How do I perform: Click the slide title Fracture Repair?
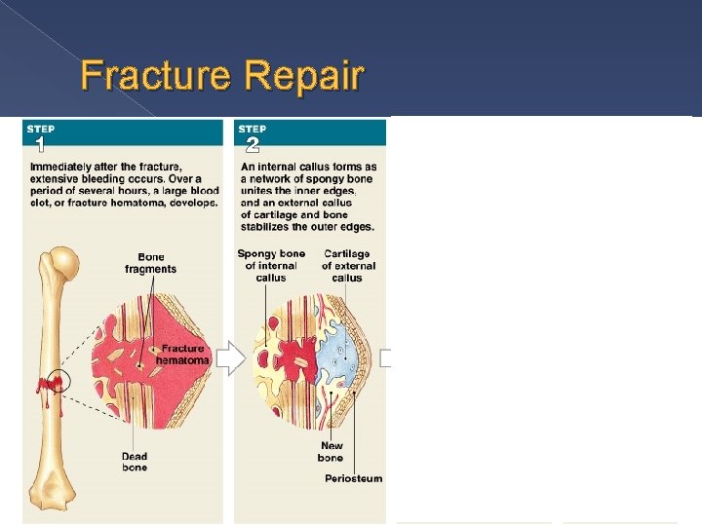(x=222, y=75)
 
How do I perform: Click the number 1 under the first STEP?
(x=38, y=146)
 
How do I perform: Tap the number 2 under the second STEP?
(x=252, y=146)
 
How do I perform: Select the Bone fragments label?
(x=150, y=263)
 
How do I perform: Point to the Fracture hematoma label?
(x=182, y=354)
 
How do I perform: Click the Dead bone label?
(x=135, y=461)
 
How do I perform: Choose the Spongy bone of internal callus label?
(x=271, y=265)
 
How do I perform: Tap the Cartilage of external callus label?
(x=348, y=265)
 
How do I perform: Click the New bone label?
(x=331, y=452)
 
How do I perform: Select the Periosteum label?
(x=353, y=478)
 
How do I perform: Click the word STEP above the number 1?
(x=40, y=129)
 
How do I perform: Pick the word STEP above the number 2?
(x=253, y=129)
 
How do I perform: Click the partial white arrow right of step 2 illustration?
(x=386, y=358)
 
